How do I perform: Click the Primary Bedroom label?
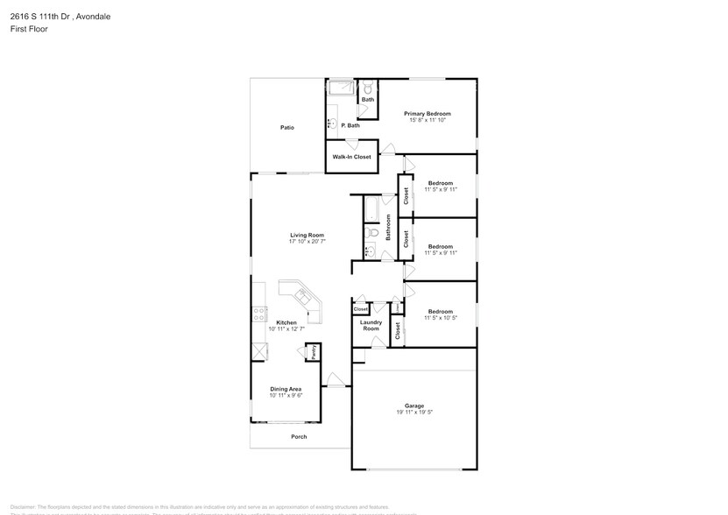coord(427,114)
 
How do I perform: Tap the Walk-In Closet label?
coord(350,157)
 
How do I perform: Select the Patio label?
coord(286,128)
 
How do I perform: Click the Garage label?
coord(414,406)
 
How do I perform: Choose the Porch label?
coord(299,437)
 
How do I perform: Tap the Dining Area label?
coord(285,389)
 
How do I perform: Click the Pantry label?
coord(313,351)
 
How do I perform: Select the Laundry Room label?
coord(371,326)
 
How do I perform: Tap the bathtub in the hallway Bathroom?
coord(371,209)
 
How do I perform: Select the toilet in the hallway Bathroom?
coord(371,234)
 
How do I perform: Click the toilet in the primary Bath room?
coord(369,88)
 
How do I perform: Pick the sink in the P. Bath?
coord(332,123)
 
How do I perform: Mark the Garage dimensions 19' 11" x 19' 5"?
coord(414,412)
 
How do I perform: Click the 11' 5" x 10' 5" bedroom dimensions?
coord(440,318)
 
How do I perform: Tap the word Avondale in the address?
coord(94,16)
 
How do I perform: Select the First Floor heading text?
coord(29,29)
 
